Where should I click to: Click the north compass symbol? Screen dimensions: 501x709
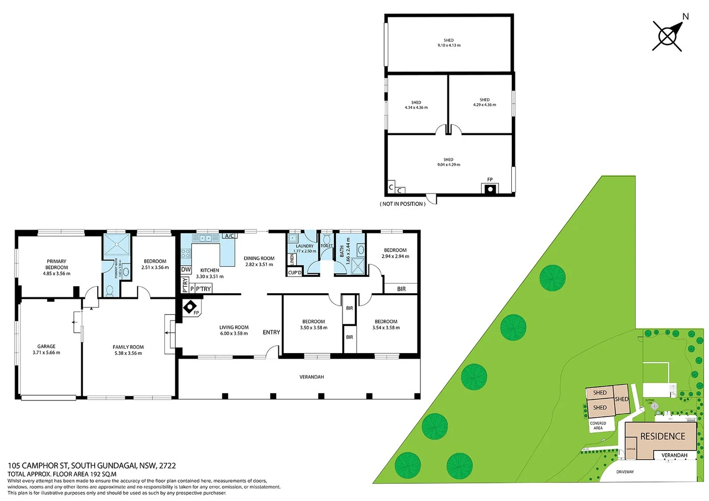[x=668, y=36]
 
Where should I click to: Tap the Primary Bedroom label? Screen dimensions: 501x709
[x=57, y=267]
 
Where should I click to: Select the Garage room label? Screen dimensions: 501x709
[x=46, y=349]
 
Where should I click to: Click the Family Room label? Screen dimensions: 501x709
[x=128, y=350]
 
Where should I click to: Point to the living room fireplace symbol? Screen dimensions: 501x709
[x=190, y=307]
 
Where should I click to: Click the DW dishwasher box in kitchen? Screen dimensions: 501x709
[x=186, y=270]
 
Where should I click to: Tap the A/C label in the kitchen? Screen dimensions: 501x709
[x=229, y=236]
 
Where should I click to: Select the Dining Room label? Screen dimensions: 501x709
[x=259, y=261]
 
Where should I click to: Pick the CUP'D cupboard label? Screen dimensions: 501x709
[x=295, y=273]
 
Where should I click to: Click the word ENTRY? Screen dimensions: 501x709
[x=271, y=332]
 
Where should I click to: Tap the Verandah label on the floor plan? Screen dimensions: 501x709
[x=312, y=377]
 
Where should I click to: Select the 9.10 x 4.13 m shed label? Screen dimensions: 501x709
[x=449, y=43]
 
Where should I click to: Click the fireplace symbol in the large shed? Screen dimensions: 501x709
[x=490, y=189]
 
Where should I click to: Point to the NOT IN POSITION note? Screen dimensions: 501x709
[x=402, y=204]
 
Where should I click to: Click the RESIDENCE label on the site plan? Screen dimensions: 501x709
[x=663, y=437]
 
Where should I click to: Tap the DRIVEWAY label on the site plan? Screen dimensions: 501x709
[x=625, y=472]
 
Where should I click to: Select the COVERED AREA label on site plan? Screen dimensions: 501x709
[x=598, y=425]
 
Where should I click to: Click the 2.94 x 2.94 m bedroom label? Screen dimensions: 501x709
[x=395, y=253]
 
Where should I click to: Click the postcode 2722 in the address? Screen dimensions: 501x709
[x=168, y=465]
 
